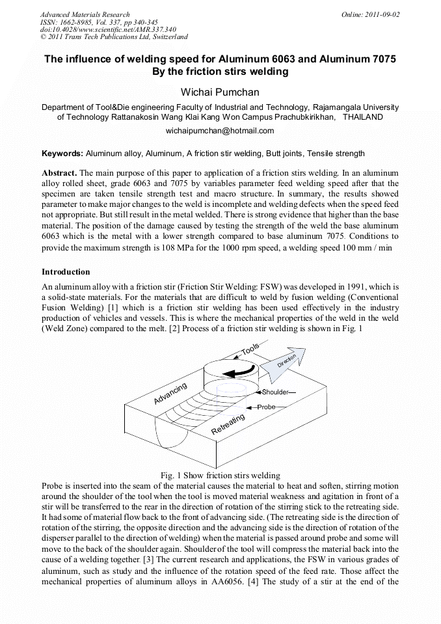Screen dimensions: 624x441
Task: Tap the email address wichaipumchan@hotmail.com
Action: tap(220, 130)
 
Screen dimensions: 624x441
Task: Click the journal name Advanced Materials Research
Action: tap(85, 14)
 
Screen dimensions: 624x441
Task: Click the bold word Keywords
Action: tap(62, 154)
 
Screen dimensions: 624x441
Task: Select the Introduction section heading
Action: tap(66, 271)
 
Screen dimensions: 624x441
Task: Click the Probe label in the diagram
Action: tap(267, 407)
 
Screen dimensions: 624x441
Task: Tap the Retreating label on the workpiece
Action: tap(228, 424)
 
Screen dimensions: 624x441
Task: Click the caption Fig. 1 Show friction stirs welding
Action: tap(220, 476)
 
